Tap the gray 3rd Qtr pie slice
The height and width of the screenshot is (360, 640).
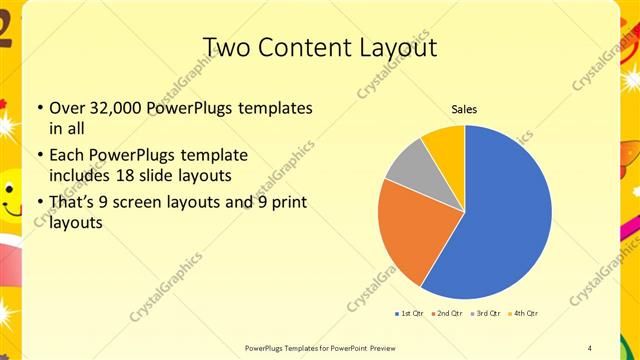coord(409,164)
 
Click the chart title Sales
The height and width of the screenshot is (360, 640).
coord(464,108)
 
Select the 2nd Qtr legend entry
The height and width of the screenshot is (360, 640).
coord(447,314)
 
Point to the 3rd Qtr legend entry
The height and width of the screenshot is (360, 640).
coord(486,314)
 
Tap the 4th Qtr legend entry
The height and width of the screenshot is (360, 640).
coord(524,314)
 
